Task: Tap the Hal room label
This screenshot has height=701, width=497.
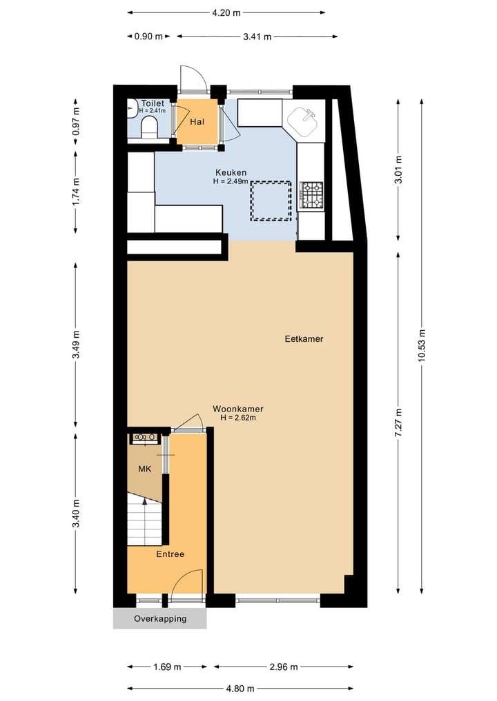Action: (x=197, y=121)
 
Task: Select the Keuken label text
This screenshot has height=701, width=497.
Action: (x=231, y=172)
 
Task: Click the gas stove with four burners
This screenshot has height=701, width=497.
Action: (x=311, y=194)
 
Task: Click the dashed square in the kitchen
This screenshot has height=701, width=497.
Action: (x=271, y=200)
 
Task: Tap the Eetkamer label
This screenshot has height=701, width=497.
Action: (x=304, y=339)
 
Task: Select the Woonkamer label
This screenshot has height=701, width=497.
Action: (x=237, y=409)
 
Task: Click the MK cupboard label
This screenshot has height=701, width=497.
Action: (x=145, y=469)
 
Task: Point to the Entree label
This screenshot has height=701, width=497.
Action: (x=170, y=554)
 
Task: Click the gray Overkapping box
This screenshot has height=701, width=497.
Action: (x=160, y=618)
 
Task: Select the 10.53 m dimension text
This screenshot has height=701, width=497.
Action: (x=422, y=346)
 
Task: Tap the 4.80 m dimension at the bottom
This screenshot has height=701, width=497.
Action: (x=239, y=688)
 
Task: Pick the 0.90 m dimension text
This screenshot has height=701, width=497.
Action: (x=148, y=37)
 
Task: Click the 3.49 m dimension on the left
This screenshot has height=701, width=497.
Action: (x=75, y=345)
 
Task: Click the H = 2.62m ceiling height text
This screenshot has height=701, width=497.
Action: (x=238, y=418)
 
